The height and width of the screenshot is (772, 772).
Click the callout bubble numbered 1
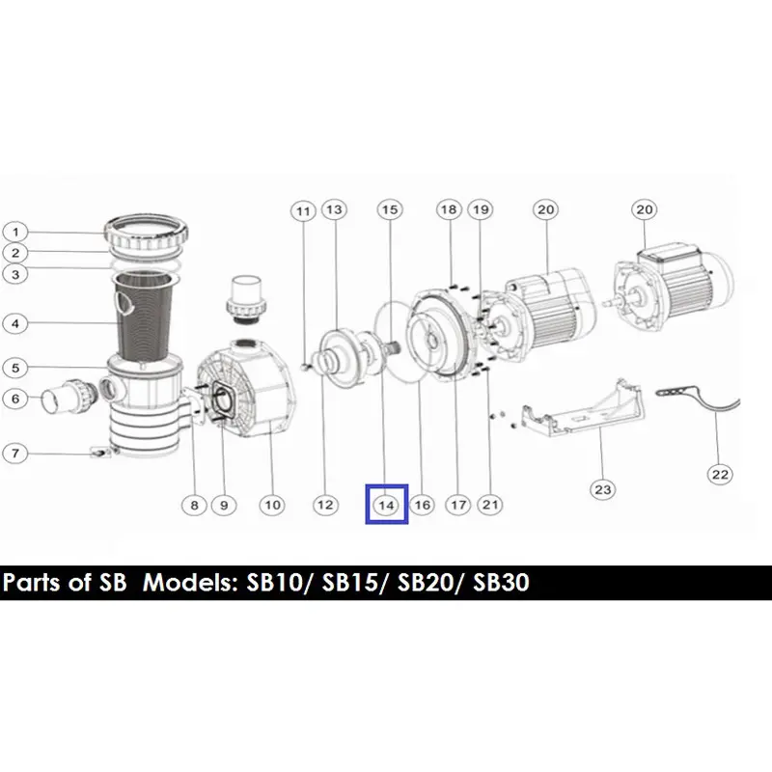[15, 232]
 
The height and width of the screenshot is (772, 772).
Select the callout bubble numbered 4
[15, 324]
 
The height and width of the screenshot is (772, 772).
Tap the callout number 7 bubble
[15, 453]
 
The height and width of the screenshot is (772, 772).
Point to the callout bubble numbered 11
[303, 211]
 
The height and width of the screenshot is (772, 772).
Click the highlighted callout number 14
[387, 505]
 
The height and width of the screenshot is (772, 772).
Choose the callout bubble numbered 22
[720, 475]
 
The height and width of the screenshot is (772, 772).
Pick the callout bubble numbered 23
[602, 489]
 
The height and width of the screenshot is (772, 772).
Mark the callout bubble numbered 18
[449, 209]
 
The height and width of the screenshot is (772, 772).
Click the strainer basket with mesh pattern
[142, 316]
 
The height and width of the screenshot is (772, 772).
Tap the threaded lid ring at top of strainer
[148, 233]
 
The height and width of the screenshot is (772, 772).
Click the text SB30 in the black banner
[501, 583]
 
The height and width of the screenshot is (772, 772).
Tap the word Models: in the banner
[191, 583]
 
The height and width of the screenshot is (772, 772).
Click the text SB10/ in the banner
[280, 583]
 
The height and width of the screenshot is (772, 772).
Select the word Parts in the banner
[32, 583]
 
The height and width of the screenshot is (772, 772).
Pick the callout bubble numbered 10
[272, 505]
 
